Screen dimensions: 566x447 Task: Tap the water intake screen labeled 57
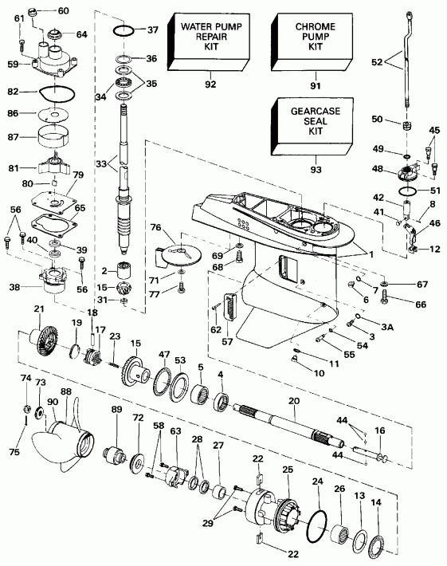(231, 308)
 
